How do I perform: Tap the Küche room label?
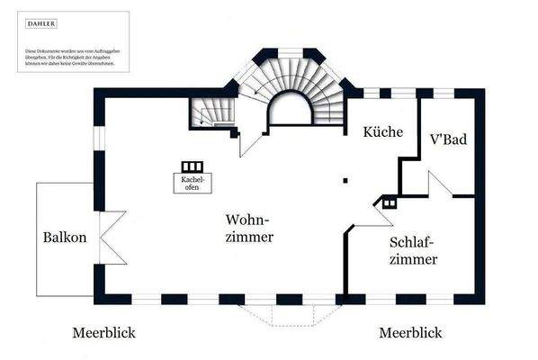[x=382, y=131]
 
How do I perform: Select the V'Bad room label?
[x=450, y=140]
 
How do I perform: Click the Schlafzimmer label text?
[x=414, y=251]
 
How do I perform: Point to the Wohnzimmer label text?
[x=249, y=228]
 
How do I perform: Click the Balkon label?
[x=65, y=238]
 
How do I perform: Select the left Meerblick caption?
[x=103, y=333]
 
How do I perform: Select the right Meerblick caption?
[x=410, y=333]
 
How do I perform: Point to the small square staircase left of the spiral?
[x=211, y=112]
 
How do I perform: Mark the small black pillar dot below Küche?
[x=345, y=180]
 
